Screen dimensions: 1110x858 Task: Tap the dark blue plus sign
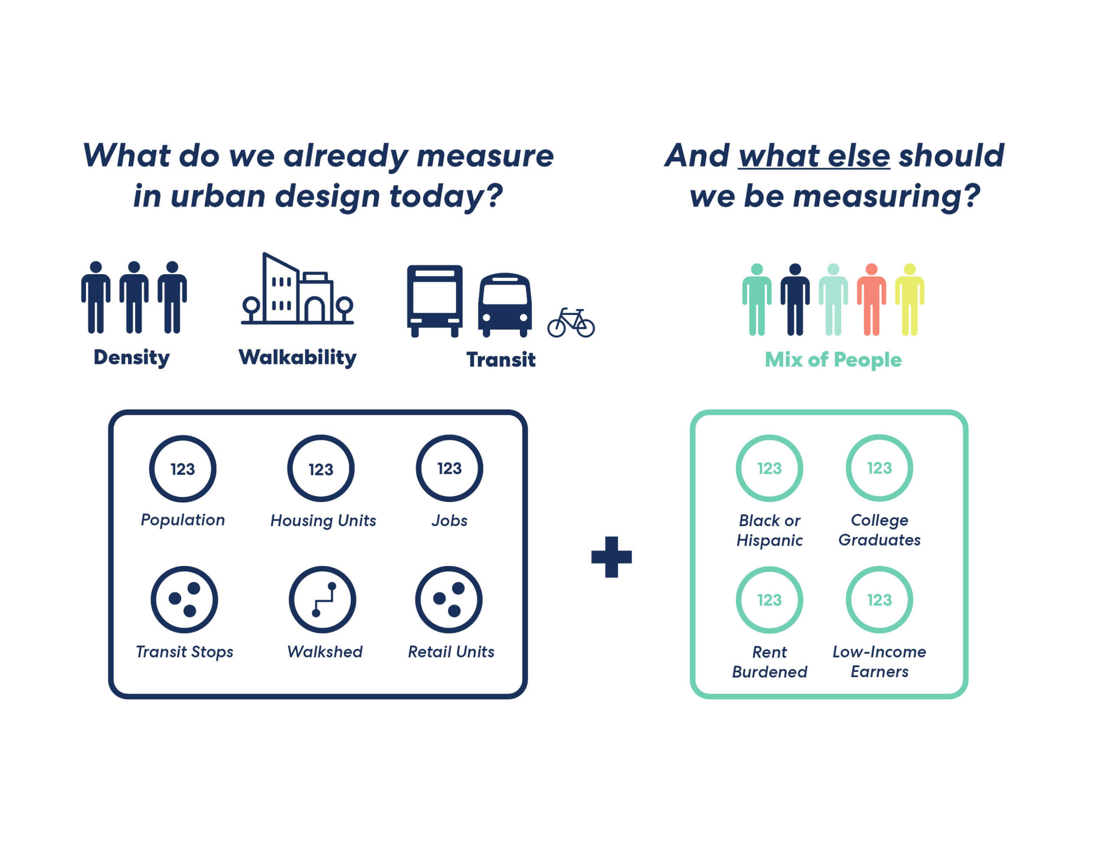pyautogui.click(x=611, y=557)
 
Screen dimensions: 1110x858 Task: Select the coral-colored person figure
pyautogui.click(x=871, y=299)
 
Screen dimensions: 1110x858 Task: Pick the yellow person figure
pyautogui.click(x=910, y=299)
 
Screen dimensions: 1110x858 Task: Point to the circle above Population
pyautogui.click(x=151, y=468)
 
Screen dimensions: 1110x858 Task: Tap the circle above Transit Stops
pyautogui.click(x=153, y=599)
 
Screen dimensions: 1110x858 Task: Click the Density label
pyautogui.click(x=132, y=358)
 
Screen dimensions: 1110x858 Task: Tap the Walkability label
pyautogui.click(x=298, y=358)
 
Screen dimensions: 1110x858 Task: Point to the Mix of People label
pyautogui.click(x=833, y=360)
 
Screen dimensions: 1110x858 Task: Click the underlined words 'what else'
pyautogui.click(x=814, y=156)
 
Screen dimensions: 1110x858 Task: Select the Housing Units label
pyautogui.click(x=323, y=520)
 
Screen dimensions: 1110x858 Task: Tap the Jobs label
pyautogui.click(x=449, y=520)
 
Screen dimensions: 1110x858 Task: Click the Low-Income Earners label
pyautogui.click(x=879, y=661)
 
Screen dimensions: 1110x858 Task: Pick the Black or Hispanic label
pyautogui.click(x=770, y=530)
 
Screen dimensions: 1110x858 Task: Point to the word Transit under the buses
pyautogui.click(x=501, y=360)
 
